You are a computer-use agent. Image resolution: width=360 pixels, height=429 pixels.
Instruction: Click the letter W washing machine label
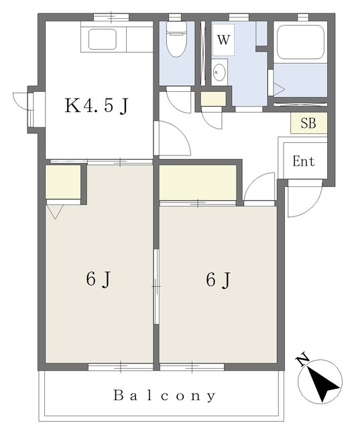224,40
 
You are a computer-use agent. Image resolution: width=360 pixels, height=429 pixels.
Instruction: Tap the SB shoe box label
308,123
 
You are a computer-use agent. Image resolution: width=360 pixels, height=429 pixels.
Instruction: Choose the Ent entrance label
304,162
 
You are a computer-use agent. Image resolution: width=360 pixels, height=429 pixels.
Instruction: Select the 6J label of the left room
98,280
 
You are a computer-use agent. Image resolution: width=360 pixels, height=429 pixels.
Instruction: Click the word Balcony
164,395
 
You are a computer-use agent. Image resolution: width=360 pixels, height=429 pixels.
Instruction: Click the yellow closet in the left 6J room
62,182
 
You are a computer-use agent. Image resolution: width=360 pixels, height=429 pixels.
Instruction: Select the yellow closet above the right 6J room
197,182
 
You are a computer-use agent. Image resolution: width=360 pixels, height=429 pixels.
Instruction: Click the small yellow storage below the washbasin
214,100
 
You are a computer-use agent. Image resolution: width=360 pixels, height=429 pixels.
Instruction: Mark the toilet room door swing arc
178,101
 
